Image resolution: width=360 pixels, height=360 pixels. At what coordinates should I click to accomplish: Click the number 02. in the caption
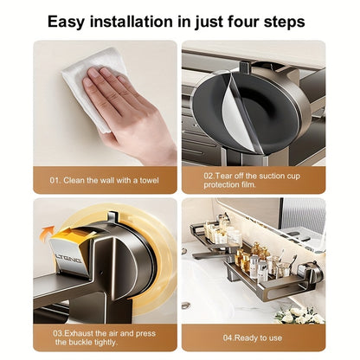210,174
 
